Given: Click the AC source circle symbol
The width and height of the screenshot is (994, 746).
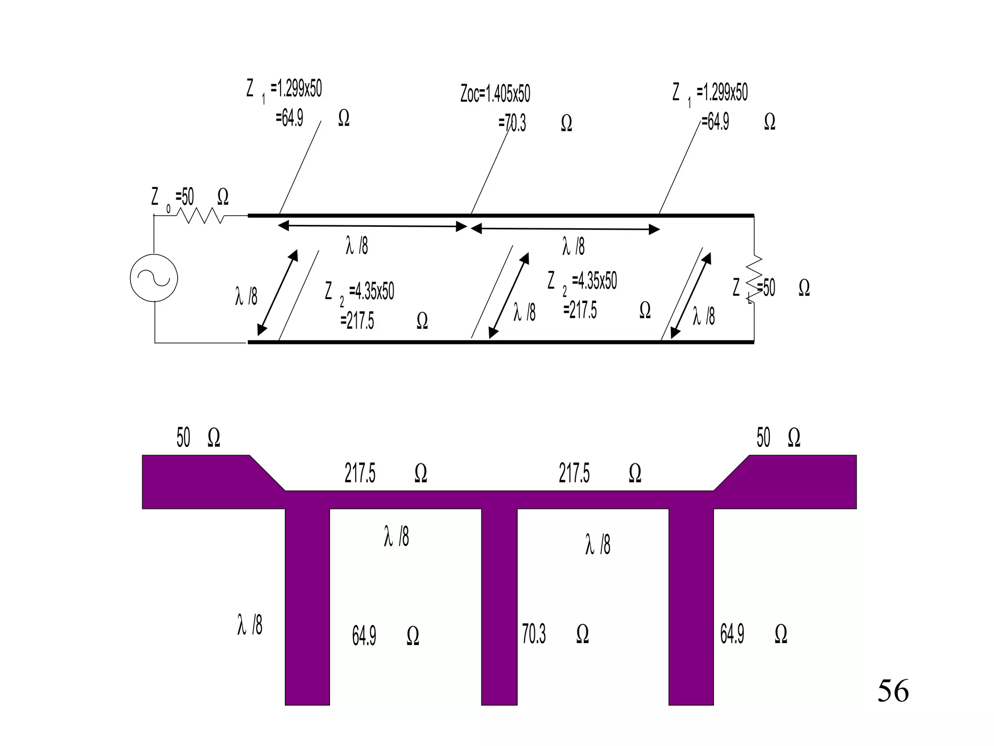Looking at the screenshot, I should point(154,278).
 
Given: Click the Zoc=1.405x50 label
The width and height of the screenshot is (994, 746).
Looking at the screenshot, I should point(495,94).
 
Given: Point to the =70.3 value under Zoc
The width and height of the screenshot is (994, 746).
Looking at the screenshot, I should point(513,123).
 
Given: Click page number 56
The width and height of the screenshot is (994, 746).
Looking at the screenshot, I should point(893,691).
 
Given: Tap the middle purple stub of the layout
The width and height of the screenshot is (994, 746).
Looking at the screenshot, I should point(499,607).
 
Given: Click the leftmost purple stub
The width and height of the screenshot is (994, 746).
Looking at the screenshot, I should point(307,607).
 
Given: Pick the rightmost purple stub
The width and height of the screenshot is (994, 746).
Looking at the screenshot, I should point(691,607).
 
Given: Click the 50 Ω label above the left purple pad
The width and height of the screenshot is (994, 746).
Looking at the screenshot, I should point(198,438).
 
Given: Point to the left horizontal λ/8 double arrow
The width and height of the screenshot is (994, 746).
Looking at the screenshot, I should point(372,226).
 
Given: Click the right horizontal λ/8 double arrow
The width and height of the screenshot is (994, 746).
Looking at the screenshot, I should point(565,229).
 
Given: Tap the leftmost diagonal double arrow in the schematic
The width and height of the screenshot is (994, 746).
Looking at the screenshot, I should point(278,293).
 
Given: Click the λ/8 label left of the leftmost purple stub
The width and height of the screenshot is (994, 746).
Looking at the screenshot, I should point(249,625).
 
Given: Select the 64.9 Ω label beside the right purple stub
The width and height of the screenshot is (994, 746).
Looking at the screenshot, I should point(753,634).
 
